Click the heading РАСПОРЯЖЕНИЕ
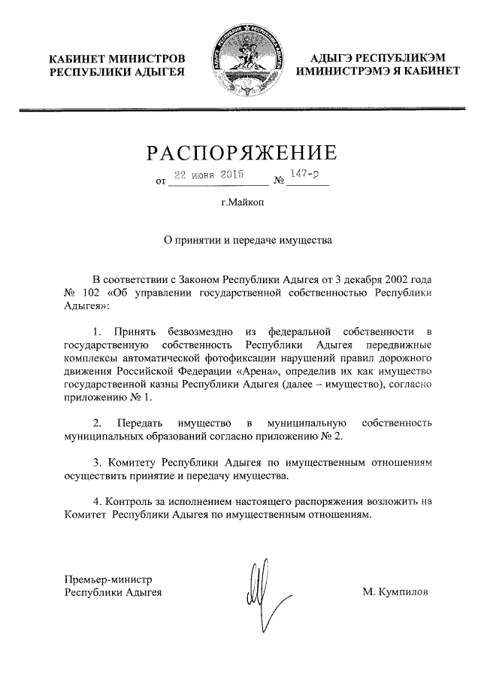click(x=240, y=154)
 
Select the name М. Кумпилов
click(x=395, y=592)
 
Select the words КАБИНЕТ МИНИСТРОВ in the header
click(x=116, y=59)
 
